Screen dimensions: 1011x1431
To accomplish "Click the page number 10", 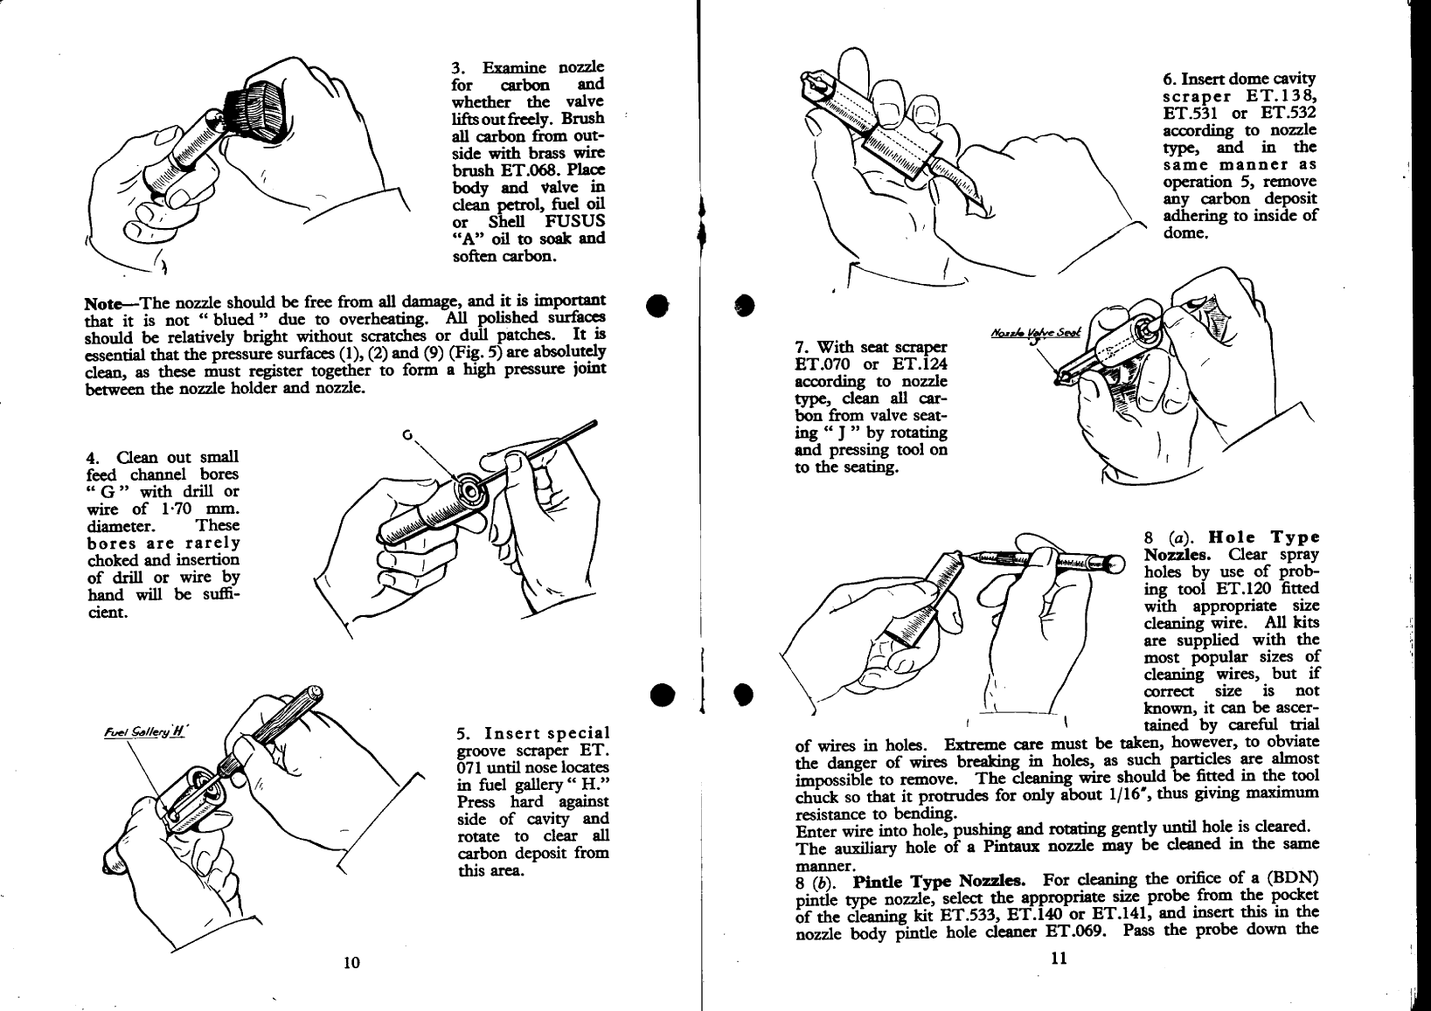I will tap(351, 963).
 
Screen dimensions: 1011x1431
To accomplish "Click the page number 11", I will tap(1059, 959).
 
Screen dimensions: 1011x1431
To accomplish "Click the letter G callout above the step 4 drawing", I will tap(406, 434).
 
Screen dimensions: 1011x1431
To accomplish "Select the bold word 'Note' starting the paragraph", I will tap(103, 304).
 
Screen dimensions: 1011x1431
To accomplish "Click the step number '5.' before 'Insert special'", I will tap(464, 733).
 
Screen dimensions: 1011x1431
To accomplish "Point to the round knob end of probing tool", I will tap(1115, 564).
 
